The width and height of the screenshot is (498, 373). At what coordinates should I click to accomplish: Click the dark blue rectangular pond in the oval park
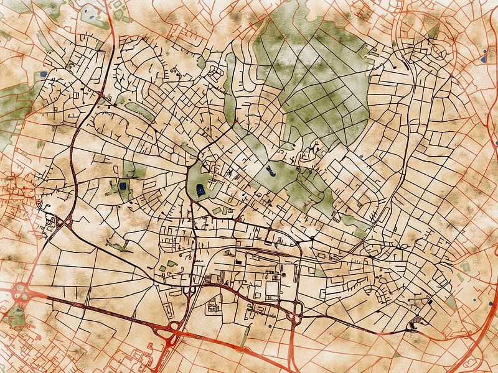(200, 190)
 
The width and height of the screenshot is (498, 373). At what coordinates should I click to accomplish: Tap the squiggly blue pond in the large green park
(269, 169)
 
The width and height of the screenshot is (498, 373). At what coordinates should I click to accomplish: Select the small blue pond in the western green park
(123, 185)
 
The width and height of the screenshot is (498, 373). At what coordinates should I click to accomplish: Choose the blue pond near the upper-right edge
(483, 61)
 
